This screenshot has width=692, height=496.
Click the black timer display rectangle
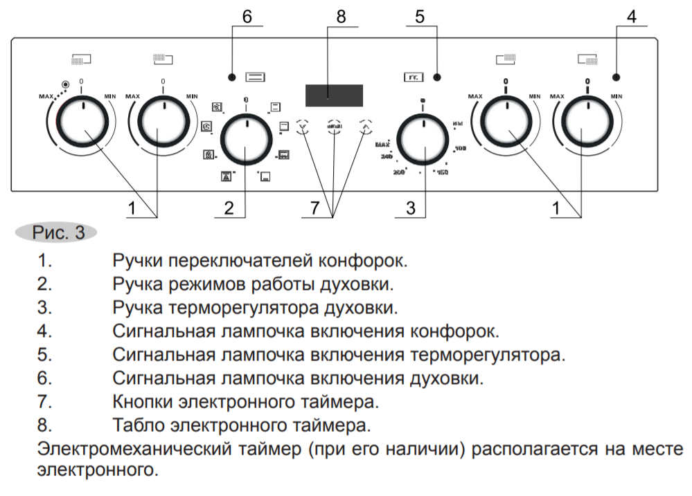tap(334, 95)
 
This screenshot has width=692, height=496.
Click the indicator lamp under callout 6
tap(233, 76)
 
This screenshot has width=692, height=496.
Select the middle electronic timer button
tap(335, 127)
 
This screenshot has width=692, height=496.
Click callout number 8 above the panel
tap(340, 17)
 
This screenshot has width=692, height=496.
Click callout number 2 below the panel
tap(229, 208)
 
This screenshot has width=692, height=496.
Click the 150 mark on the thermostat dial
tap(441, 172)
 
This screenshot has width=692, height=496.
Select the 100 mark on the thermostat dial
tap(460, 149)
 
